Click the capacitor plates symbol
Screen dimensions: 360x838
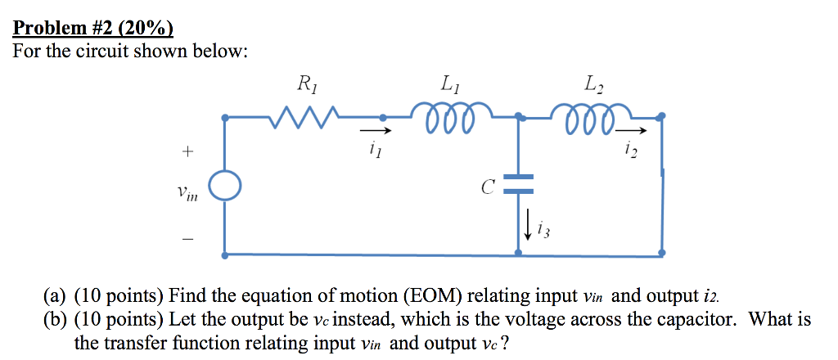pos(518,183)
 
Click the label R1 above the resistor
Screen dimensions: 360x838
pos(306,83)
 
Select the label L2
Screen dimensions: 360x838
pos(591,83)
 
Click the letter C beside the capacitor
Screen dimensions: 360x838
pos(487,187)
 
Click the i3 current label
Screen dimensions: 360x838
pos(543,232)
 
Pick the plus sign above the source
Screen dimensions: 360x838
pos(187,151)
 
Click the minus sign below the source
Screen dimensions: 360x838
pos(187,239)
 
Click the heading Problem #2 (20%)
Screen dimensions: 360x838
pos(93,29)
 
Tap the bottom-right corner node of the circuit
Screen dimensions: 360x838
pos(661,254)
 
